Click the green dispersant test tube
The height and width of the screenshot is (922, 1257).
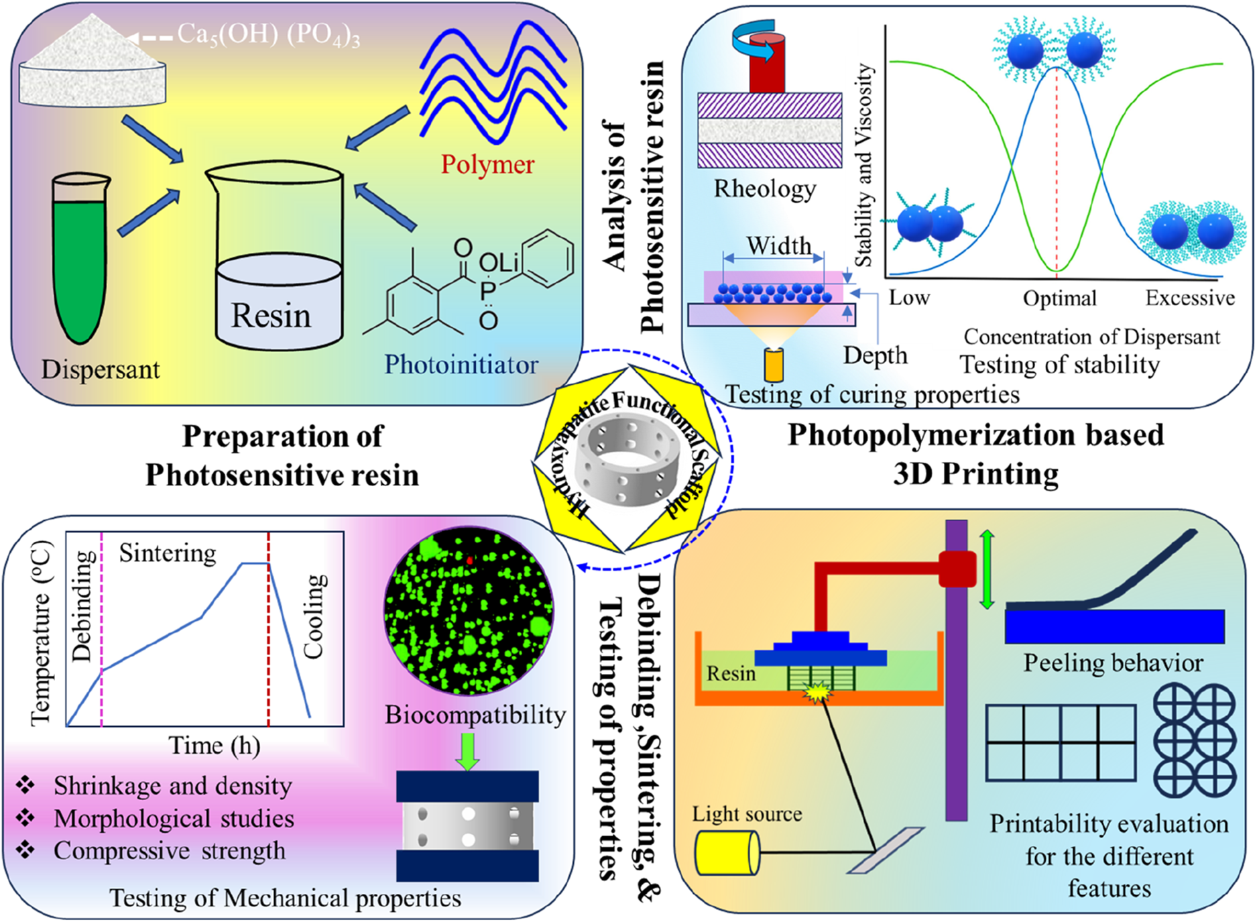pos(80,262)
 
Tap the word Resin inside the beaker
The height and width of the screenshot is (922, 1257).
pos(271,315)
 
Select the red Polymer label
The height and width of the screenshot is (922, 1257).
pos(487,164)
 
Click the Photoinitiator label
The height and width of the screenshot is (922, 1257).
pos(461,364)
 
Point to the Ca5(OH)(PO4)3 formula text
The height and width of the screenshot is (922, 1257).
pos(268,35)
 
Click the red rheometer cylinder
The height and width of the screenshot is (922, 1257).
pos(767,64)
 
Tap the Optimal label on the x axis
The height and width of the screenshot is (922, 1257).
pos(1059,298)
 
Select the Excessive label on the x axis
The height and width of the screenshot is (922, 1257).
pos(1189,298)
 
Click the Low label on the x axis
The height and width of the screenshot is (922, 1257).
pos(909,298)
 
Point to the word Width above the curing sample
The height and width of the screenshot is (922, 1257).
pos(778,245)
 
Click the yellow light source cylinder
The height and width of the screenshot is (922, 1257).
pos(727,853)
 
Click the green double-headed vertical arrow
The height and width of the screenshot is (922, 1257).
pos(987,569)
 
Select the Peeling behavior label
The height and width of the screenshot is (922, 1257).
pos(1113,662)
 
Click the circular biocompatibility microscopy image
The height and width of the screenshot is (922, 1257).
pos(469,611)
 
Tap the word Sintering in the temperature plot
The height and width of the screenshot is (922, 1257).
pos(168,553)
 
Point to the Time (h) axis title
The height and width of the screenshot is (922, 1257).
pos(214,745)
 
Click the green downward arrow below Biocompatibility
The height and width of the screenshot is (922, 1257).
pos(467,751)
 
